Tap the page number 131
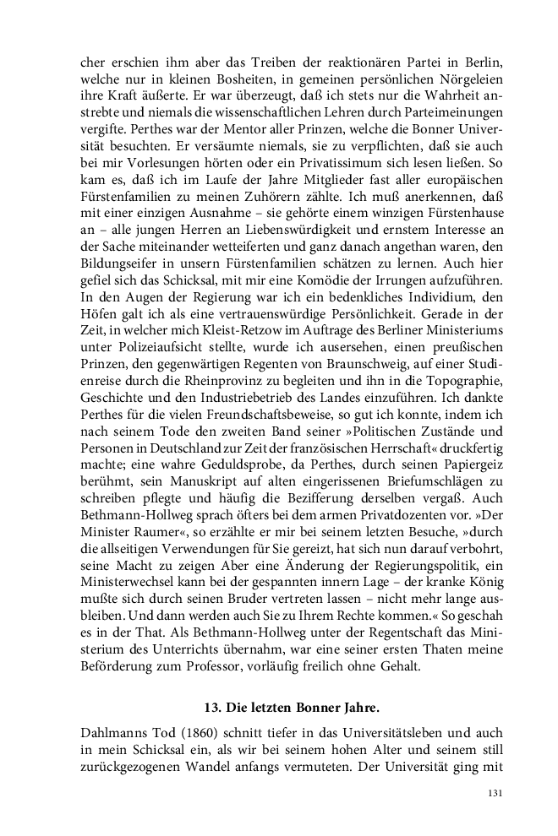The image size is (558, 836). tap(495, 795)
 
